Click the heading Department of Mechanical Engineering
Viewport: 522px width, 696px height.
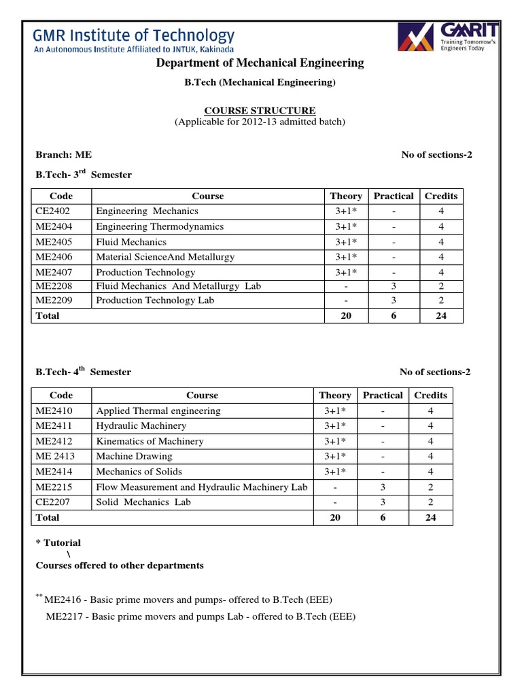coord(260,63)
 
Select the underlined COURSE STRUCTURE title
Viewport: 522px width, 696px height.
coord(260,110)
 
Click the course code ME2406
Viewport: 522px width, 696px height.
coord(54,257)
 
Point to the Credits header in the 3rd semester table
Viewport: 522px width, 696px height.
coord(441,196)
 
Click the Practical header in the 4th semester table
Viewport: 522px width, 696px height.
coord(383,395)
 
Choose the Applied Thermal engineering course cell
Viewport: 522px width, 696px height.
coord(158,411)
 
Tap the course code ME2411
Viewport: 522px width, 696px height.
coord(54,425)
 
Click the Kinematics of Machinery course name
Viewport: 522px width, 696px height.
coord(150,441)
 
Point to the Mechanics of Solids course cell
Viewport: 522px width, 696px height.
coord(139,472)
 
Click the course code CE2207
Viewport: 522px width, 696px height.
coord(54,502)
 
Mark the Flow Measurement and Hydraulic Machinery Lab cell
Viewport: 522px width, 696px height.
coord(202,487)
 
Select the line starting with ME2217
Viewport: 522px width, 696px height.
coord(201,616)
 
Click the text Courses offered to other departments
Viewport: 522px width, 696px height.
coord(119,565)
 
